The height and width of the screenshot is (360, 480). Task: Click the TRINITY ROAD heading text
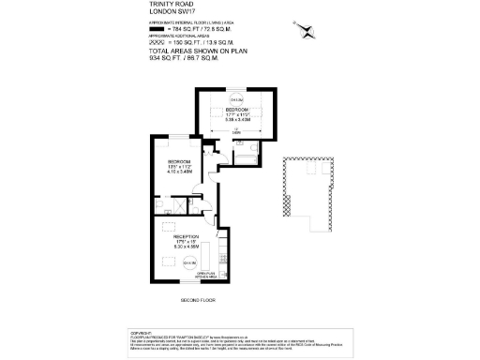(171, 4)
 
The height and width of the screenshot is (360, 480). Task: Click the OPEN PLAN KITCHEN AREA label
(208, 277)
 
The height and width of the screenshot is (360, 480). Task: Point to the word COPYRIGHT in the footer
(141, 332)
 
